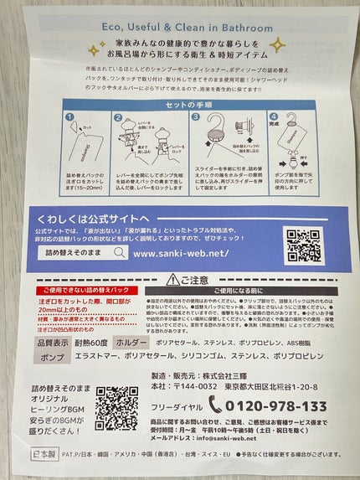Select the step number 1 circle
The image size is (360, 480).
(x=71, y=119)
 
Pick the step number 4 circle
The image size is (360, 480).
(x=272, y=119)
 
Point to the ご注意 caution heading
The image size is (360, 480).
(x=191, y=279)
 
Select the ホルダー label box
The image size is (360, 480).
(x=114, y=343)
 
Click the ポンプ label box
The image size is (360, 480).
(x=54, y=357)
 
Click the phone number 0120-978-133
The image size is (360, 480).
(x=277, y=406)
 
